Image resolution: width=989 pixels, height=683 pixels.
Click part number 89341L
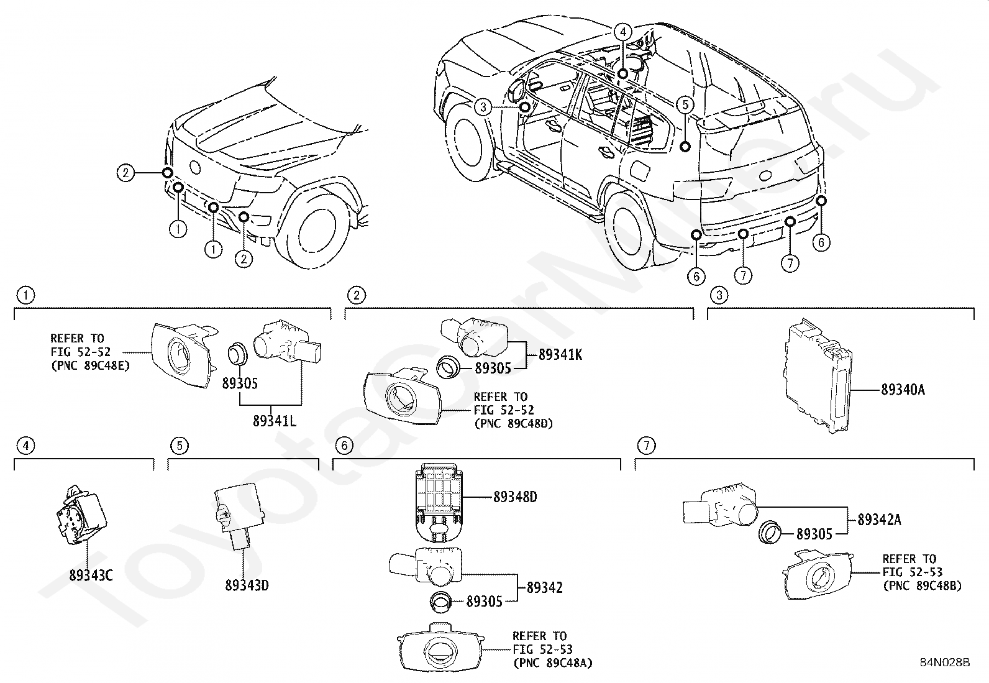274,421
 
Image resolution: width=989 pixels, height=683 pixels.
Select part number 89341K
560,354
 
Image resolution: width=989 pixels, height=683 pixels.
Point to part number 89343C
91,575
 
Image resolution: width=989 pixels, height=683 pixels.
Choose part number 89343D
247,585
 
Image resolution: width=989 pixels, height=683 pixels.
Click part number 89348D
515,497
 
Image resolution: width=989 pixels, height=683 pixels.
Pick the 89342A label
880,520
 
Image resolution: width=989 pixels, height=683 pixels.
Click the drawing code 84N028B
945,662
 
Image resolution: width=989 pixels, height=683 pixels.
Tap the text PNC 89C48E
91,366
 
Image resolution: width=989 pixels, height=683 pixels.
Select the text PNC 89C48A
553,662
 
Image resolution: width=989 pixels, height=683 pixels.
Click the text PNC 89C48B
923,586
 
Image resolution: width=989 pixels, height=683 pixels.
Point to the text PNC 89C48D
514,423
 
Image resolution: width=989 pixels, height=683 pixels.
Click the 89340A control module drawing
818,376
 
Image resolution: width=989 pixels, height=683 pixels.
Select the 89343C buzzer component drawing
81,515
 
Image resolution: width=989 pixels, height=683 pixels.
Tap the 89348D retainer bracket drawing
439,502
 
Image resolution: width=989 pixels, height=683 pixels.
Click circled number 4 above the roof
623,32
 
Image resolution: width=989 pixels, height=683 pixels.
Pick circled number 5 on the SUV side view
685,104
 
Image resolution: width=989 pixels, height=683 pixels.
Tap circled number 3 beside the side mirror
483,107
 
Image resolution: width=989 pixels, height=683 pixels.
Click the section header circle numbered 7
647,446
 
